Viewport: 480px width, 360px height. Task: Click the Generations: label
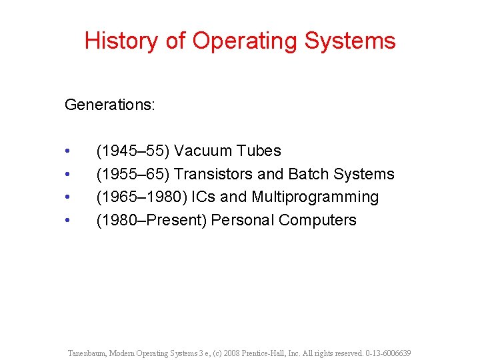110,105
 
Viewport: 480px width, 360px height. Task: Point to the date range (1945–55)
133,151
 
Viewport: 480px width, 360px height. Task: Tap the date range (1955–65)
133,175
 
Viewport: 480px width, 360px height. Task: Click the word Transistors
213,175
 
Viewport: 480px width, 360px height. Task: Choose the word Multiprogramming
315,197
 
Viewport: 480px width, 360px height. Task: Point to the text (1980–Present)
151,221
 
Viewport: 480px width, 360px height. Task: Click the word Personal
243,221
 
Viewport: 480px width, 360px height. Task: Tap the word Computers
318,221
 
